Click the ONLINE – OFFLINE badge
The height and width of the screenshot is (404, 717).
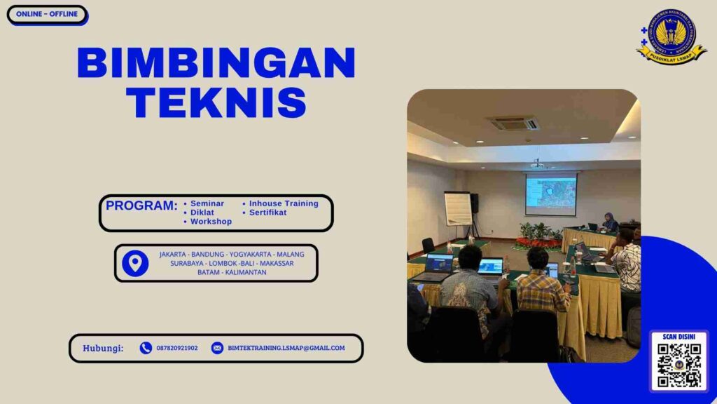[x=47, y=15]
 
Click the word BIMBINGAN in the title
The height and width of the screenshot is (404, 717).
[x=216, y=63]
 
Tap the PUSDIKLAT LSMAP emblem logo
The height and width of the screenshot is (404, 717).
[x=671, y=37]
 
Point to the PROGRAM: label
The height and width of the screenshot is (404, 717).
[x=141, y=206]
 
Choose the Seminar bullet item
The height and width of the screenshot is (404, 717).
[x=207, y=203]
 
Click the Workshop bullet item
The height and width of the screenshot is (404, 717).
[x=211, y=222]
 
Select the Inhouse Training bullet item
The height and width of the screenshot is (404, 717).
[x=283, y=203]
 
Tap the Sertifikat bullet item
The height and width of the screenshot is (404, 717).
[x=267, y=213]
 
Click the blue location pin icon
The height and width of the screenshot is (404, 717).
[x=135, y=263]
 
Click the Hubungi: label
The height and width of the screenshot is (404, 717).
[x=103, y=348]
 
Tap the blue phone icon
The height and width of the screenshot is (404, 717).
[x=146, y=348]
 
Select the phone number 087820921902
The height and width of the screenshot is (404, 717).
[x=177, y=348]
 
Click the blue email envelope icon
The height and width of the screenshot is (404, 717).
[x=217, y=348]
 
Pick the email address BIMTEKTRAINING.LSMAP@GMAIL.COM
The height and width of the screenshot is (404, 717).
[x=286, y=348]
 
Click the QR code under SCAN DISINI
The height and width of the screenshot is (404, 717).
[x=678, y=365]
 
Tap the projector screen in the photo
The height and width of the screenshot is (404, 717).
[x=551, y=195]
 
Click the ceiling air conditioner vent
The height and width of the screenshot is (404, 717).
[x=513, y=123]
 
